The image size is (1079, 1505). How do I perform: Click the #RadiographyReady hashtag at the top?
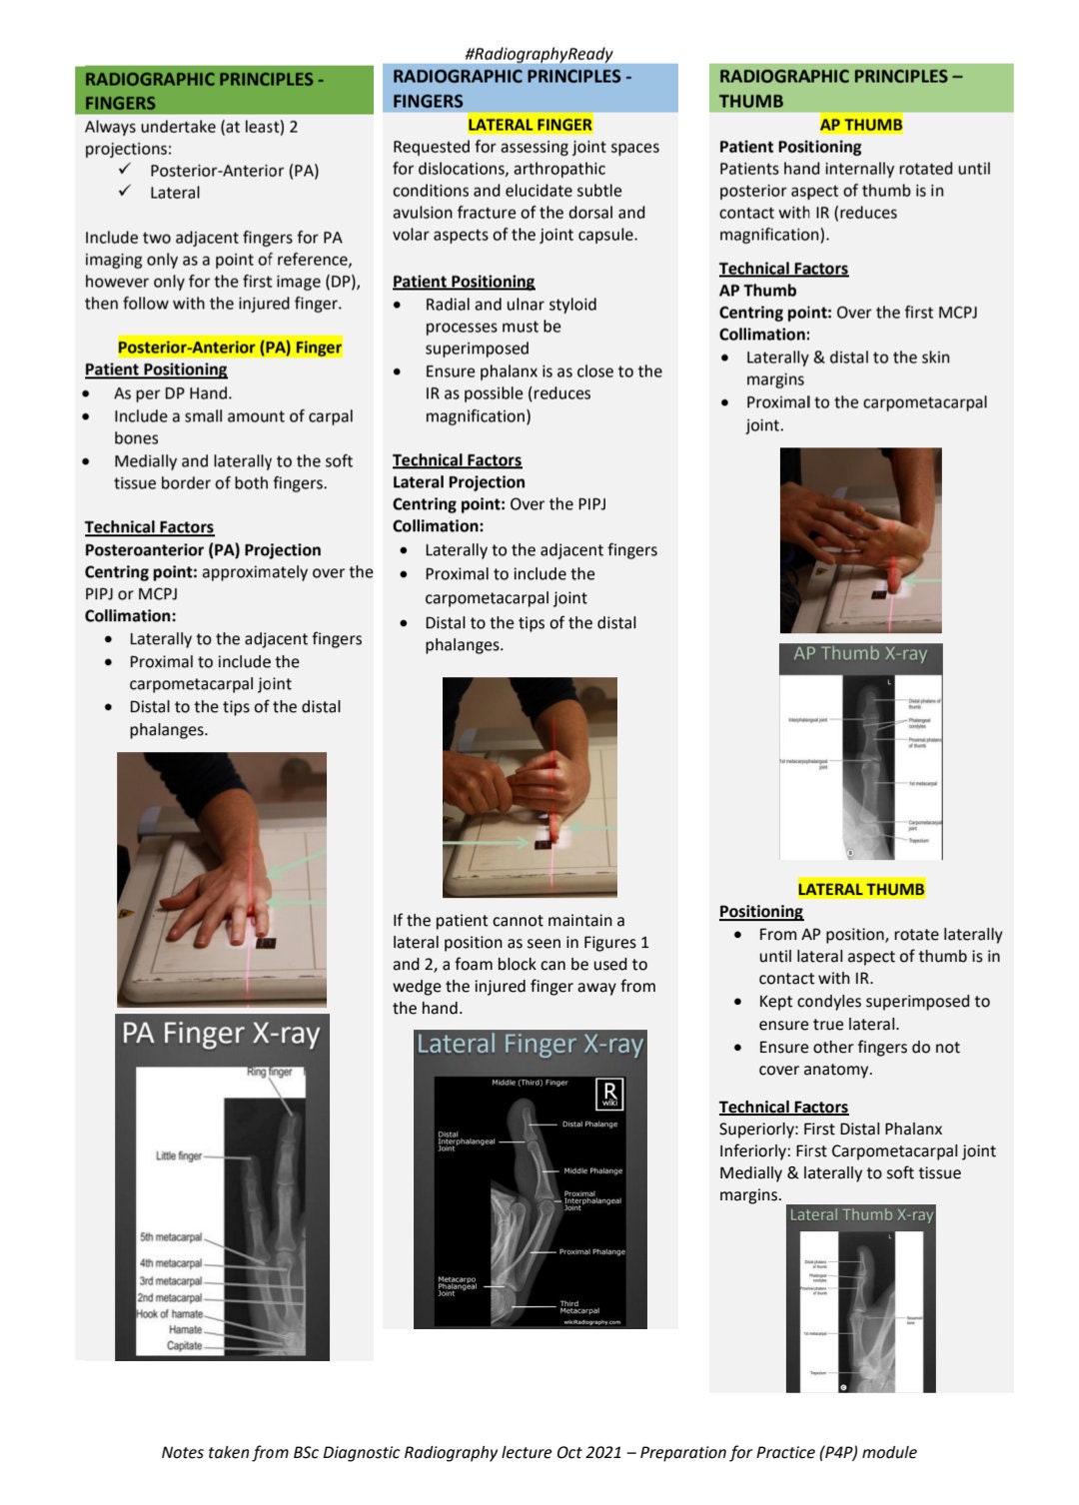pyautogui.click(x=539, y=54)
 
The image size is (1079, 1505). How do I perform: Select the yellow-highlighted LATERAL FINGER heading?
pyautogui.click(x=530, y=125)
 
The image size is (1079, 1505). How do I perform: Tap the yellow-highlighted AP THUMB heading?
pyautogui.click(x=860, y=125)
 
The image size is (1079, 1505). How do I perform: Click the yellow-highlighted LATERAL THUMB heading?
pyautogui.click(x=860, y=889)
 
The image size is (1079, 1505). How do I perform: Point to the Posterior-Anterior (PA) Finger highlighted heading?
pyautogui.click(x=229, y=348)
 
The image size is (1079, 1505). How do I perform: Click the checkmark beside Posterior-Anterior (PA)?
pyautogui.click(x=125, y=170)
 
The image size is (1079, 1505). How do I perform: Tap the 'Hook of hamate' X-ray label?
pyautogui.click(x=170, y=1314)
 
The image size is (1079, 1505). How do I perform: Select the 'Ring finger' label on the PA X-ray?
pyautogui.click(x=269, y=1072)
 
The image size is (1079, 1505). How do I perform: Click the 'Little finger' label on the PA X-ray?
pyautogui.click(x=178, y=1155)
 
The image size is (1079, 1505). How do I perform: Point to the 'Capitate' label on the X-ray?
pyautogui.click(x=184, y=1345)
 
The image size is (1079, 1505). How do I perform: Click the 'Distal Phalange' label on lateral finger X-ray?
pyautogui.click(x=589, y=1125)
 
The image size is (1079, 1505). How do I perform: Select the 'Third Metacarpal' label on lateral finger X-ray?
pyautogui.click(x=579, y=1307)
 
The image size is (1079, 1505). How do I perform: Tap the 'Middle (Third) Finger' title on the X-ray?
pyautogui.click(x=530, y=1083)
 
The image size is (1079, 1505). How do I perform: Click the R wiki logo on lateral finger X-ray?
pyautogui.click(x=608, y=1094)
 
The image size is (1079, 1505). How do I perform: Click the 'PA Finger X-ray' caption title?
pyautogui.click(x=221, y=1034)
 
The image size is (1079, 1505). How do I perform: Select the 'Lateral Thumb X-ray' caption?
pyautogui.click(x=861, y=1215)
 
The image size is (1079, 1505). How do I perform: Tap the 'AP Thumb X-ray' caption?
pyautogui.click(x=860, y=654)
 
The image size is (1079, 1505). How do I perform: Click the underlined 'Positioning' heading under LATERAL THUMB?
pyautogui.click(x=760, y=912)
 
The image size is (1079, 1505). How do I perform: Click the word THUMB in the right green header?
pyautogui.click(x=750, y=101)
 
